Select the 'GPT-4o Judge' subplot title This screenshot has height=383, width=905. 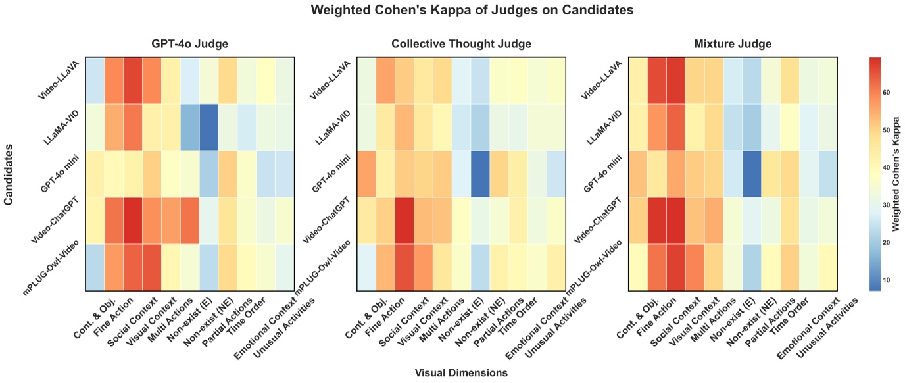point(191,44)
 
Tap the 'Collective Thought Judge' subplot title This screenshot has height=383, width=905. point(461,44)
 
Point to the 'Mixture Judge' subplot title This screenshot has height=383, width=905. point(733,44)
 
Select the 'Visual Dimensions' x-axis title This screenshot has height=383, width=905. point(461,373)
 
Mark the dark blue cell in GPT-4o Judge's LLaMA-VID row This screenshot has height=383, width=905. point(210,127)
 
